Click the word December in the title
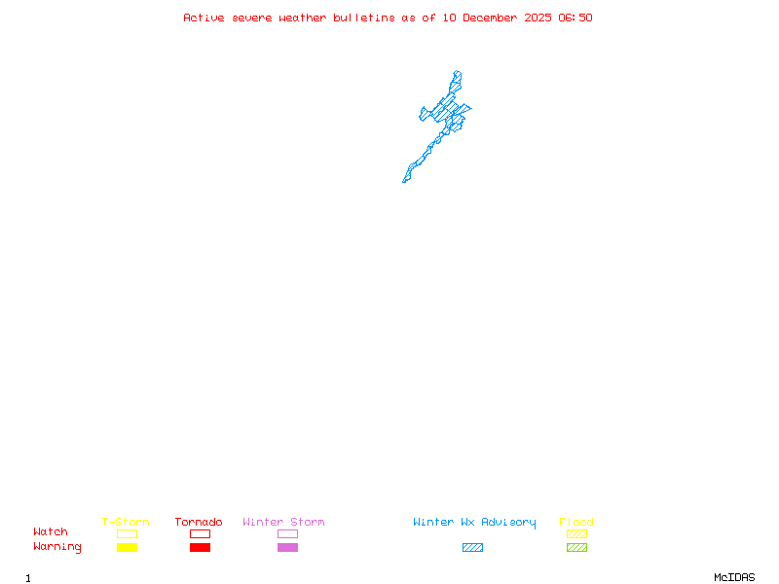pos(490,18)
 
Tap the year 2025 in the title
pos(538,18)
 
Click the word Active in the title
pos(204,18)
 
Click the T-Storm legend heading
pos(126,522)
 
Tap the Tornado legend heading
pos(199,522)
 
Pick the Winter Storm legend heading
pos(283,522)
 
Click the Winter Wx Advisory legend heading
pos(474,523)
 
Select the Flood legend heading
pos(576,522)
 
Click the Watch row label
pos(51,531)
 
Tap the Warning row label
pos(57,547)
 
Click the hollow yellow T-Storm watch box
pos(128,533)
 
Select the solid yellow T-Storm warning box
pos(128,548)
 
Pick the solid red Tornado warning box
pos(201,548)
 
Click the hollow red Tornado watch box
pos(201,533)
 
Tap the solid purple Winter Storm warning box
pos(287,548)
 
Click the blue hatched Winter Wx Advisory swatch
pos(472,548)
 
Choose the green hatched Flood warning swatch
pos(576,548)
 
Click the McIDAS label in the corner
pos(734,577)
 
